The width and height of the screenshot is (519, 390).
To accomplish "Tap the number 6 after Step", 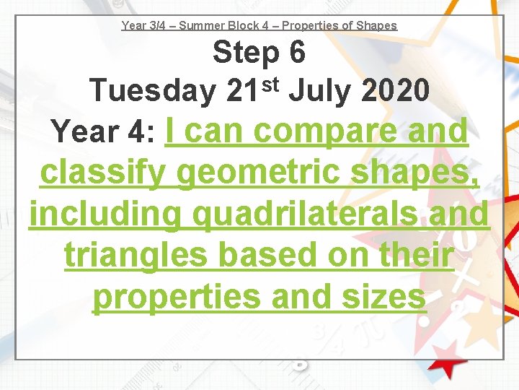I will [296, 53].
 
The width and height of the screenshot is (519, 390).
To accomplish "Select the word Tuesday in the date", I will [151, 91].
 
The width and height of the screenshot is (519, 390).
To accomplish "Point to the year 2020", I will [396, 91].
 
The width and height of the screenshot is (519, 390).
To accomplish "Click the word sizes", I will [383, 297].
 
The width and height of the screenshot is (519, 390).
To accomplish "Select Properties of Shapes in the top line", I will [340, 25].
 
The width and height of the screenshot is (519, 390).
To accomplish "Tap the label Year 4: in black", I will [104, 132].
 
